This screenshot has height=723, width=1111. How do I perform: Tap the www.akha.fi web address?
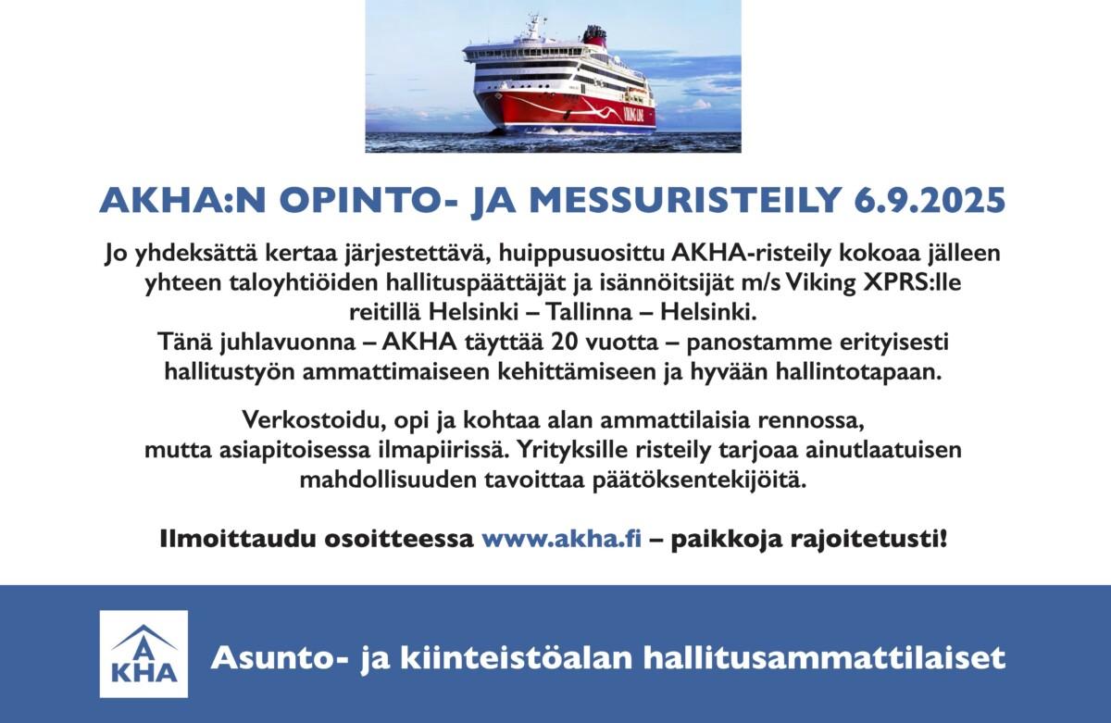(561, 539)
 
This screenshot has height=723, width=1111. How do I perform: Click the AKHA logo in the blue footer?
(144, 654)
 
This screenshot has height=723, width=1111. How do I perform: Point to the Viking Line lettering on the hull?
(640, 115)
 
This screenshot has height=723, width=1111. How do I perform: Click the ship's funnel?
(594, 36)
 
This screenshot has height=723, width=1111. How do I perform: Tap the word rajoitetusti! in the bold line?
(868, 540)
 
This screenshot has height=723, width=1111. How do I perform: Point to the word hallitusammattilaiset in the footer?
(824, 658)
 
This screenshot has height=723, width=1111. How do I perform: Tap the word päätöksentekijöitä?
(699, 481)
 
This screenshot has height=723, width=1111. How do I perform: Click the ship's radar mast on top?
(534, 27)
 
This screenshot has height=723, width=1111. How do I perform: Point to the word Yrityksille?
(571, 451)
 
